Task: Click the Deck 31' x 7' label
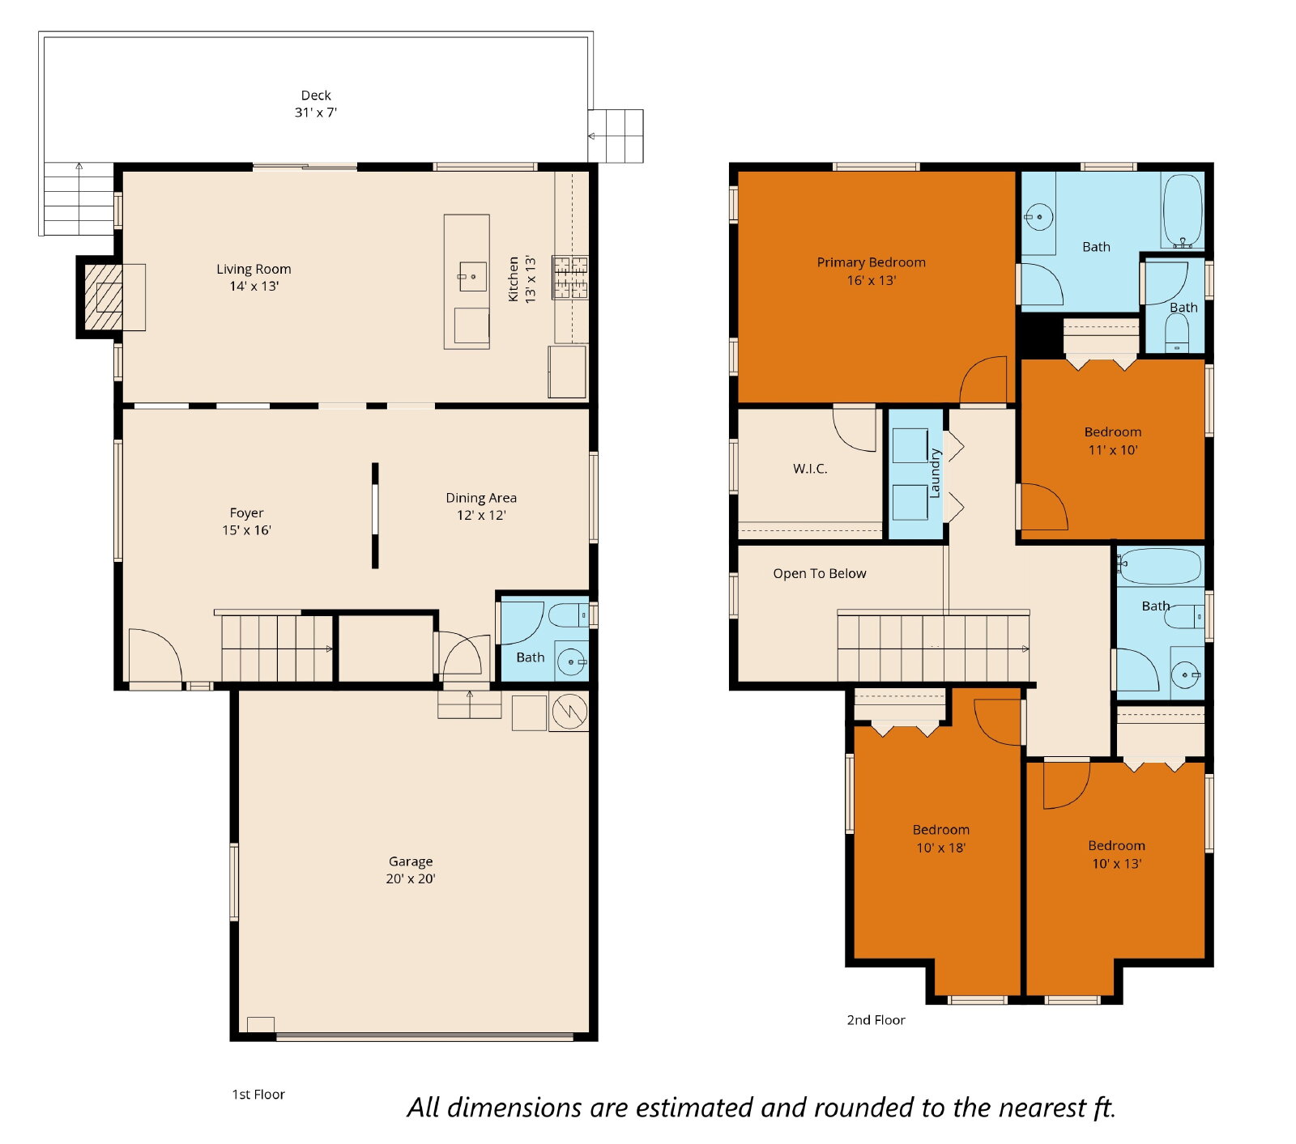316,104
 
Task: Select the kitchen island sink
473,276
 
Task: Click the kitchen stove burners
570,278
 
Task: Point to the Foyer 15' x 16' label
246,521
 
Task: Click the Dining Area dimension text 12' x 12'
481,515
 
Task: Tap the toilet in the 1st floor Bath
569,615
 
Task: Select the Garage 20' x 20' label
411,870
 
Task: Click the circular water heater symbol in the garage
570,712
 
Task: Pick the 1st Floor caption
258,1094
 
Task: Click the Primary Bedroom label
872,270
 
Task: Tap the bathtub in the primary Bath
1183,211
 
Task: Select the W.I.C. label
810,469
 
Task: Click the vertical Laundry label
935,473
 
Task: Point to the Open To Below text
820,573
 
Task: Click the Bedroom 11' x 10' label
1113,440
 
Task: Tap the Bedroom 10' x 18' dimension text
941,848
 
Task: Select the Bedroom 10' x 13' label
1117,854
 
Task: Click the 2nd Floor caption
876,1020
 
